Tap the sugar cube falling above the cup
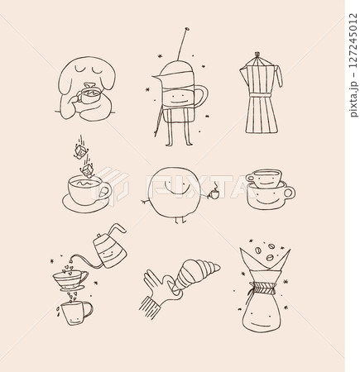click(x=80, y=151)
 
